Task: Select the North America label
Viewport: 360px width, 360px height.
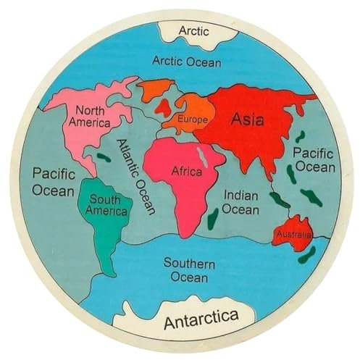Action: click(x=90, y=116)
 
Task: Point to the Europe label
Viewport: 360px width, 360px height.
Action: click(x=191, y=119)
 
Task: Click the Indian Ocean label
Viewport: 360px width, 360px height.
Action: click(x=240, y=202)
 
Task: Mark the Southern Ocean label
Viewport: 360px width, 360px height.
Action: click(x=188, y=269)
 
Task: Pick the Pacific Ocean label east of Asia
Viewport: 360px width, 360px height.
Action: click(x=313, y=160)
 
